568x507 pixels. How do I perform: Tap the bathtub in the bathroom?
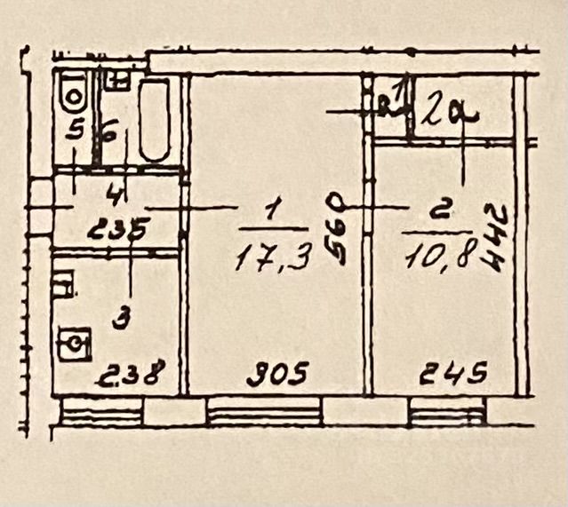155,121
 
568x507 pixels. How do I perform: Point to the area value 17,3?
273,257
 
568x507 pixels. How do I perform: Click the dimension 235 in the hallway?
118,234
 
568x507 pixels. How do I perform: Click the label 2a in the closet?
448,113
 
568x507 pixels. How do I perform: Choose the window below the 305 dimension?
264,411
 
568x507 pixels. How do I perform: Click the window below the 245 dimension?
448,411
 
